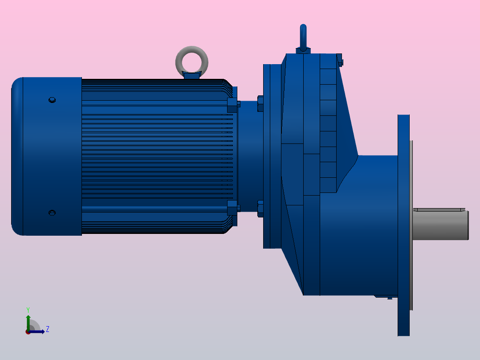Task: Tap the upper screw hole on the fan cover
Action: point(52,100)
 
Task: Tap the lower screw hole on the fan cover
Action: point(52,213)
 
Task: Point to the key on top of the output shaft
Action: point(439,209)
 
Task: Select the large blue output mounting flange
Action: point(403,225)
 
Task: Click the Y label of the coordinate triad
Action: point(28,309)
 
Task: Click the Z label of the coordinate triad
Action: point(47,330)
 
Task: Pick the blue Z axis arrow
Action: point(38,331)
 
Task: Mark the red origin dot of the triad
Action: point(28,332)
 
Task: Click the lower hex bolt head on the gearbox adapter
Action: point(260,209)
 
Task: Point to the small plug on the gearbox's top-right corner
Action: point(340,60)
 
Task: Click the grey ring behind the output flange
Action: point(411,225)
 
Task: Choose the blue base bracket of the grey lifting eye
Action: point(191,76)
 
